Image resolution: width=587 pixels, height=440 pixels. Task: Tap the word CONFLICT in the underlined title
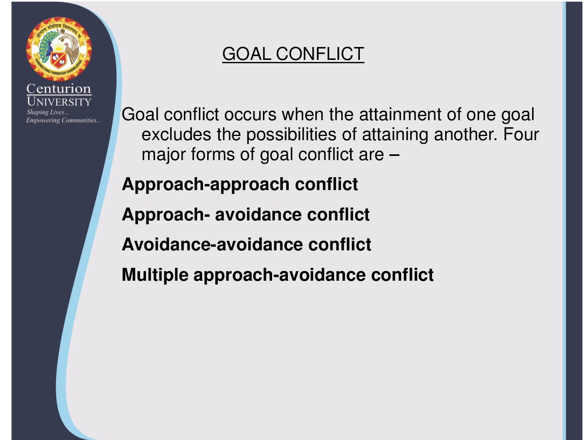[x=320, y=54]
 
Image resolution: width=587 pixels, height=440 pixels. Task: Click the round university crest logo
[x=59, y=49]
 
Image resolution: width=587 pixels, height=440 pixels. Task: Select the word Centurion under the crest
[x=59, y=89]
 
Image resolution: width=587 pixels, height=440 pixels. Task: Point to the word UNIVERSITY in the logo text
[x=59, y=101]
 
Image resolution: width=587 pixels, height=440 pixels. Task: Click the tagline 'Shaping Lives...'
[x=47, y=112]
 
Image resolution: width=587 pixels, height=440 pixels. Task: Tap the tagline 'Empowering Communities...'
[x=64, y=120]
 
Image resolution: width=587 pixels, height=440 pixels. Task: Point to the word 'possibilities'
[x=291, y=135]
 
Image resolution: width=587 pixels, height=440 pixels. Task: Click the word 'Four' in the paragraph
[x=521, y=134]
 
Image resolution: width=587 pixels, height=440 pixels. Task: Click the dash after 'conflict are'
[x=394, y=155]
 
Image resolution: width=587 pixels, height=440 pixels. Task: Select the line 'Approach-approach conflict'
[x=240, y=185]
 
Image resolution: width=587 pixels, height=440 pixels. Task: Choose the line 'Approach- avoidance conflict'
[x=246, y=215]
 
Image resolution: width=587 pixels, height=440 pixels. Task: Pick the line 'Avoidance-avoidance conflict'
[x=247, y=244]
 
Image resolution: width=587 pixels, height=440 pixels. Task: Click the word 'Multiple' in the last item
[x=155, y=275]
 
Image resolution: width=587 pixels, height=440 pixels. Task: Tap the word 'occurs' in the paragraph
[x=250, y=115]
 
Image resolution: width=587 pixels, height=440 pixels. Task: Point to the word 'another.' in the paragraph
[x=466, y=134]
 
